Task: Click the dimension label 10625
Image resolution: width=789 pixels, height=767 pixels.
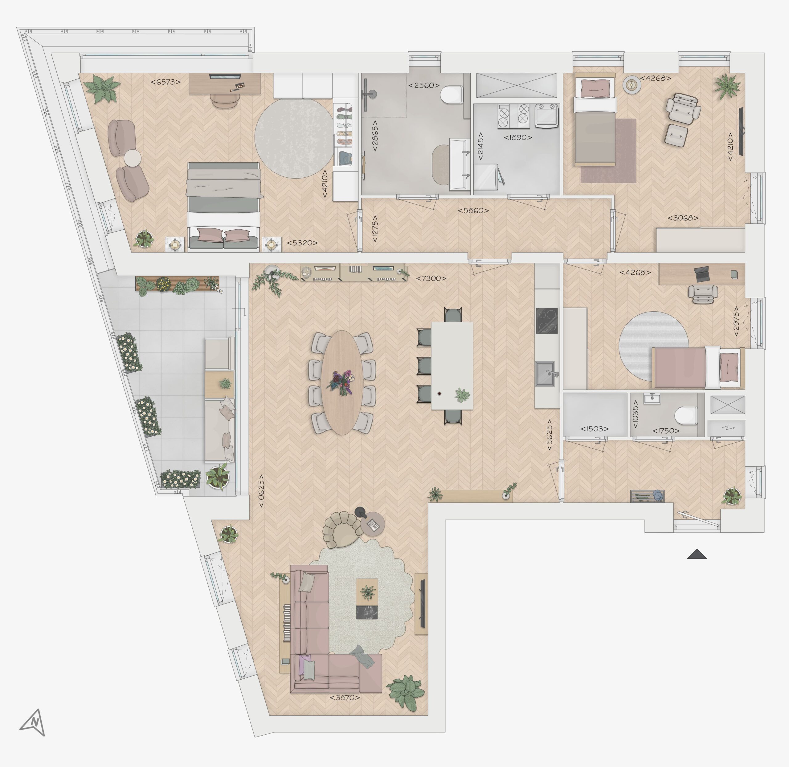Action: (261, 491)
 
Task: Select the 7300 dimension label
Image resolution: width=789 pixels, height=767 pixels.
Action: (431, 278)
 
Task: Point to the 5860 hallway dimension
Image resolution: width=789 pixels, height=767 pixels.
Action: (473, 210)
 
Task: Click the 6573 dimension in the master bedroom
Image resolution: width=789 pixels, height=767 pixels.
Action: (165, 82)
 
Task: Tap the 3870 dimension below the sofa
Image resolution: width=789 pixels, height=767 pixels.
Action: (345, 698)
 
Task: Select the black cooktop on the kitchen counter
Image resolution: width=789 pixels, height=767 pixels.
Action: (547, 321)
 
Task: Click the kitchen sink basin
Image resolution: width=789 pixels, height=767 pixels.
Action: (545, 373)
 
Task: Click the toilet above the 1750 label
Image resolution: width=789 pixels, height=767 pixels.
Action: (685, 416)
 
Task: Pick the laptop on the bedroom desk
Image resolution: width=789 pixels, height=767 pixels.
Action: (702, 274)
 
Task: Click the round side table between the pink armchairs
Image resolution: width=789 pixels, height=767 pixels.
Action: (132, 158)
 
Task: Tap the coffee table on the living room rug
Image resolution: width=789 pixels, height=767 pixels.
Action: (367, 599)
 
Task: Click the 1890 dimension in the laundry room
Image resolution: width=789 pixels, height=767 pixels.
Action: (518, 137)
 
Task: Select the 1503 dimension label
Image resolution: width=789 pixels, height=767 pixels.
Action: (595, 429)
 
